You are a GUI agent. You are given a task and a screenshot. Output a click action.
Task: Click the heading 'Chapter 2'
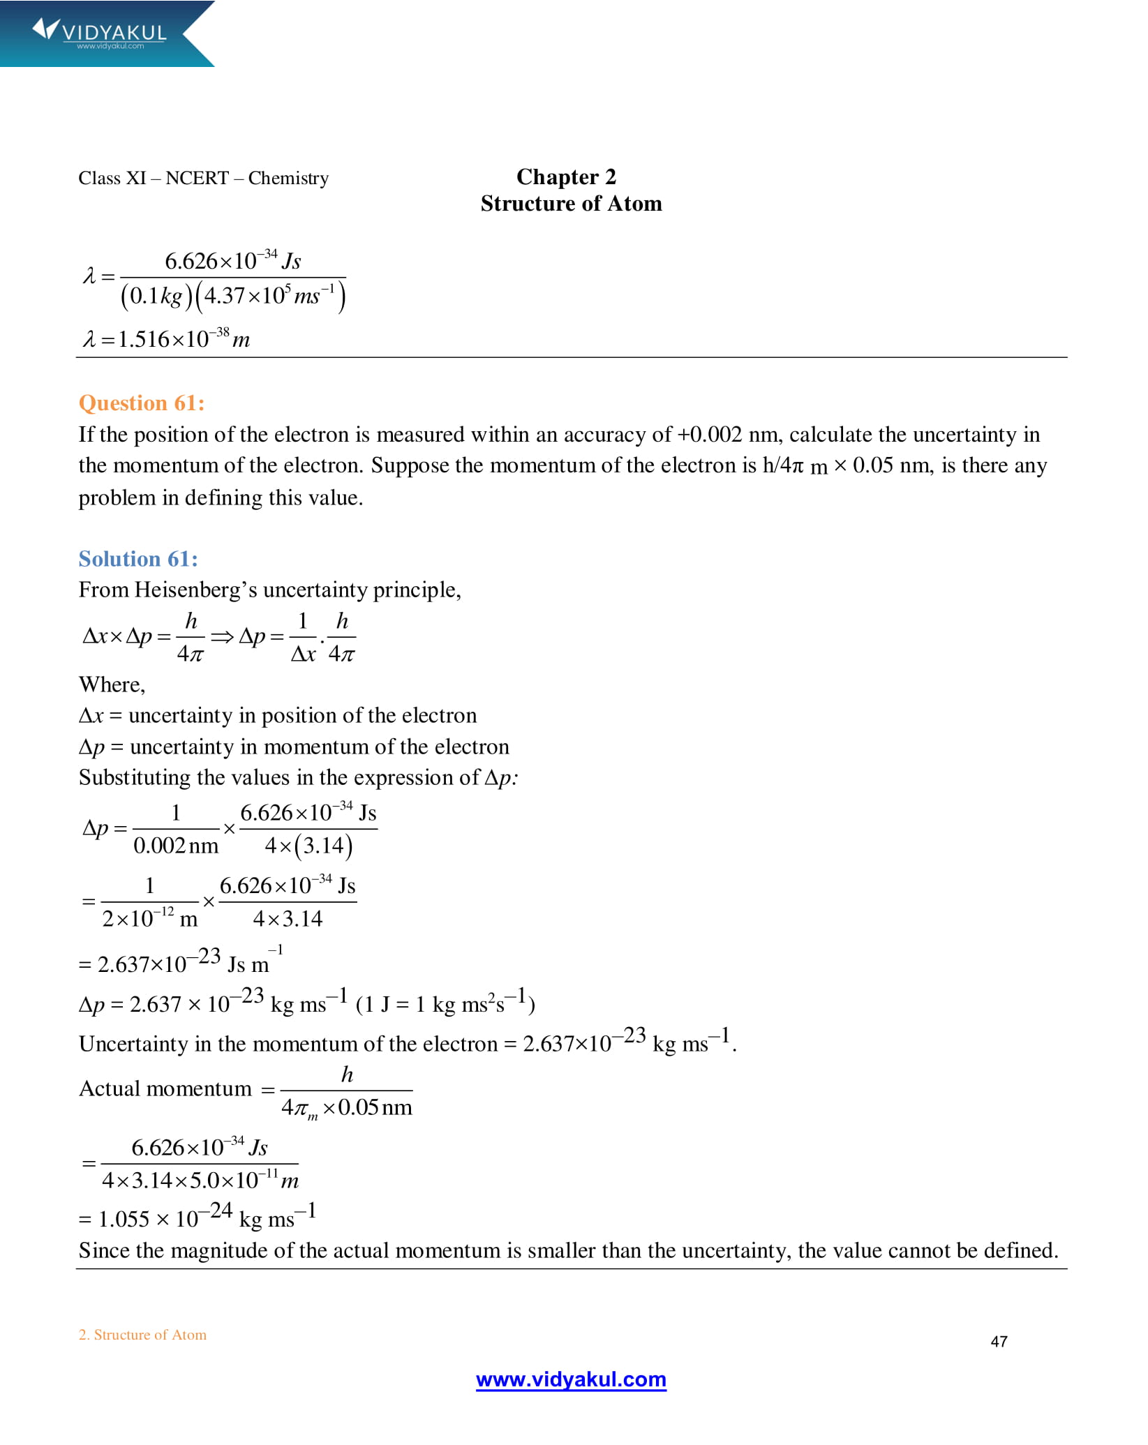coord(566,177)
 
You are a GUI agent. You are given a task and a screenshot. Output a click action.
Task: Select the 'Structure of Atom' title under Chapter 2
coord(571,204)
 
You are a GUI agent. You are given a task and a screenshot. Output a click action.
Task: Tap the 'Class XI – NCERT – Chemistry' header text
coord(203,179)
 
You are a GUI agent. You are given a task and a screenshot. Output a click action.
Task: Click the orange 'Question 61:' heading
coord(142,403)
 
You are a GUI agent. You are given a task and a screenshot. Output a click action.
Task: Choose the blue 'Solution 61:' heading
coord(138,559)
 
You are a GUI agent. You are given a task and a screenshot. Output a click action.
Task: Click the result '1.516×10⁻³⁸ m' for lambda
coord(184,340)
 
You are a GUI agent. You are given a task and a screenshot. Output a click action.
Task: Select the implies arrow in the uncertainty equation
coord(222,636)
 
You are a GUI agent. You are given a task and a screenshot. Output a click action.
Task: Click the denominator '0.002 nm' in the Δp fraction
coord(176,846)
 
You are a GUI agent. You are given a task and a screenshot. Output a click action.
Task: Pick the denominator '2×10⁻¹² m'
coord(150,919)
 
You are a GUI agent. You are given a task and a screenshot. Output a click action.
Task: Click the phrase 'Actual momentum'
coord(165,1089)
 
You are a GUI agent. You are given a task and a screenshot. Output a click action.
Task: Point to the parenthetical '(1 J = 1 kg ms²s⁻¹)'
coord(445,1004)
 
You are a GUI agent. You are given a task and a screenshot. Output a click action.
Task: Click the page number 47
coord(999,1342)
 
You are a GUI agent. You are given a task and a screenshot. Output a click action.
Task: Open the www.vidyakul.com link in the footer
coord(571,1379)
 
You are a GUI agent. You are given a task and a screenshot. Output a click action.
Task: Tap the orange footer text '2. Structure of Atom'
coord(142,1335)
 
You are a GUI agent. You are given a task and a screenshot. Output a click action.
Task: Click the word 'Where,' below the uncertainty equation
coord(112,684)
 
